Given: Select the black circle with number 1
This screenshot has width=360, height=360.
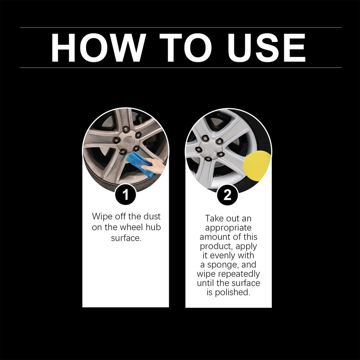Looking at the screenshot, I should point(126,194).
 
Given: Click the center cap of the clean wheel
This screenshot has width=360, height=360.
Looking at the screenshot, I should point(210,147).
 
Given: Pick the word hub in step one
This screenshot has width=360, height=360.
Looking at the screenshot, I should point(153,227).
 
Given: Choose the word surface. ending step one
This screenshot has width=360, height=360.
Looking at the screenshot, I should point(126,238).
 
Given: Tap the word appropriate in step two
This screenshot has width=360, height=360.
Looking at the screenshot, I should point(228,228).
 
